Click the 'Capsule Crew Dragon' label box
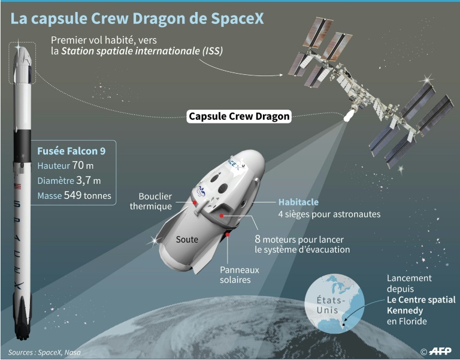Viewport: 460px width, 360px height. pos(239,116)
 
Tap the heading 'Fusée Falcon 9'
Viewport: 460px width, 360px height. pos(71,151)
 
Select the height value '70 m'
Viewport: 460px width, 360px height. pos(83,165)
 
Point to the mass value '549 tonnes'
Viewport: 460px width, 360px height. pos(87,195)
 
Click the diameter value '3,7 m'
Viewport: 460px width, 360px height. pos(88,180)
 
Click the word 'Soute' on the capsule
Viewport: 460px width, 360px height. pos(187,240)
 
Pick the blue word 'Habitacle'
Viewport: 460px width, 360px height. pos(298,202)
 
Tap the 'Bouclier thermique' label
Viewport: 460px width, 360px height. pos(151,201)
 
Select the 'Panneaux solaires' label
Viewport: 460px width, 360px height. pos(240,274)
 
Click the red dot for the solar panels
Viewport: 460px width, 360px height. pos(228,234)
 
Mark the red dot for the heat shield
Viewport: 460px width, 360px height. pos(194,202)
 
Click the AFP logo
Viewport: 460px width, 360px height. pos(440,351)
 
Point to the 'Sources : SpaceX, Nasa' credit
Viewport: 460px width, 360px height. pos(44,352)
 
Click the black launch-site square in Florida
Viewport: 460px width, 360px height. pos(344,325)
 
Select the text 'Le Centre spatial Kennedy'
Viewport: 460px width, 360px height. pos(421,305)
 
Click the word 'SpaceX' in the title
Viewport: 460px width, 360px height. pos(237,18)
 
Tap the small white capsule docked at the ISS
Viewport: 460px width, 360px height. pos(349,115)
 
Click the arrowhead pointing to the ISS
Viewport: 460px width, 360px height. pos(281,75)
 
